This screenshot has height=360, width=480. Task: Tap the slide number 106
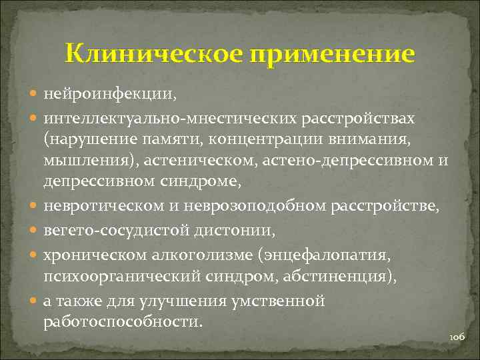point(457,338)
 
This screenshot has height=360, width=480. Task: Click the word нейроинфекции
point(109,95)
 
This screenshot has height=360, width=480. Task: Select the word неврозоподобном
point(260,208)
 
